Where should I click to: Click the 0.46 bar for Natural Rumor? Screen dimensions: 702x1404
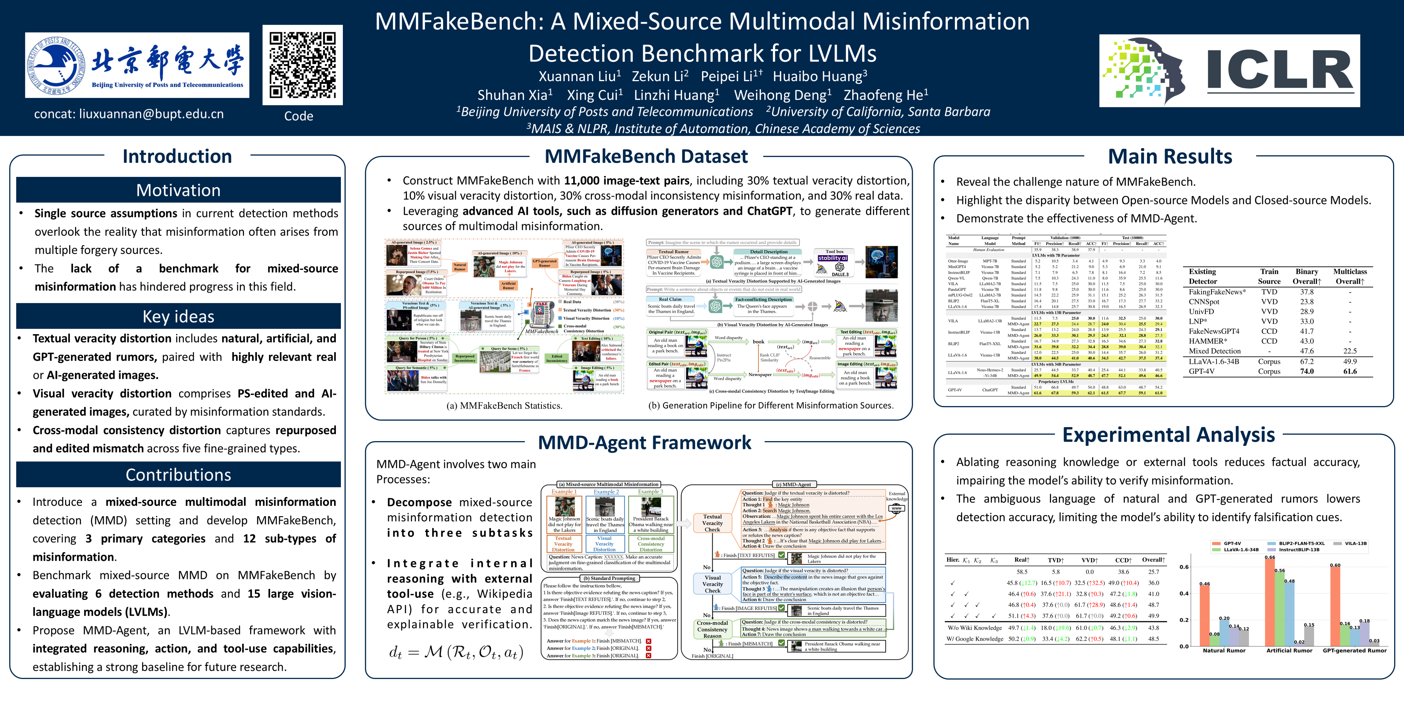tap(1205, 616)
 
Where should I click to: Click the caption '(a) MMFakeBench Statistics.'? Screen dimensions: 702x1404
tap(504, 405)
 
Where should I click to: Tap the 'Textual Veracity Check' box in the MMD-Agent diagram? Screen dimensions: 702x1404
tap(712, 523)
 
